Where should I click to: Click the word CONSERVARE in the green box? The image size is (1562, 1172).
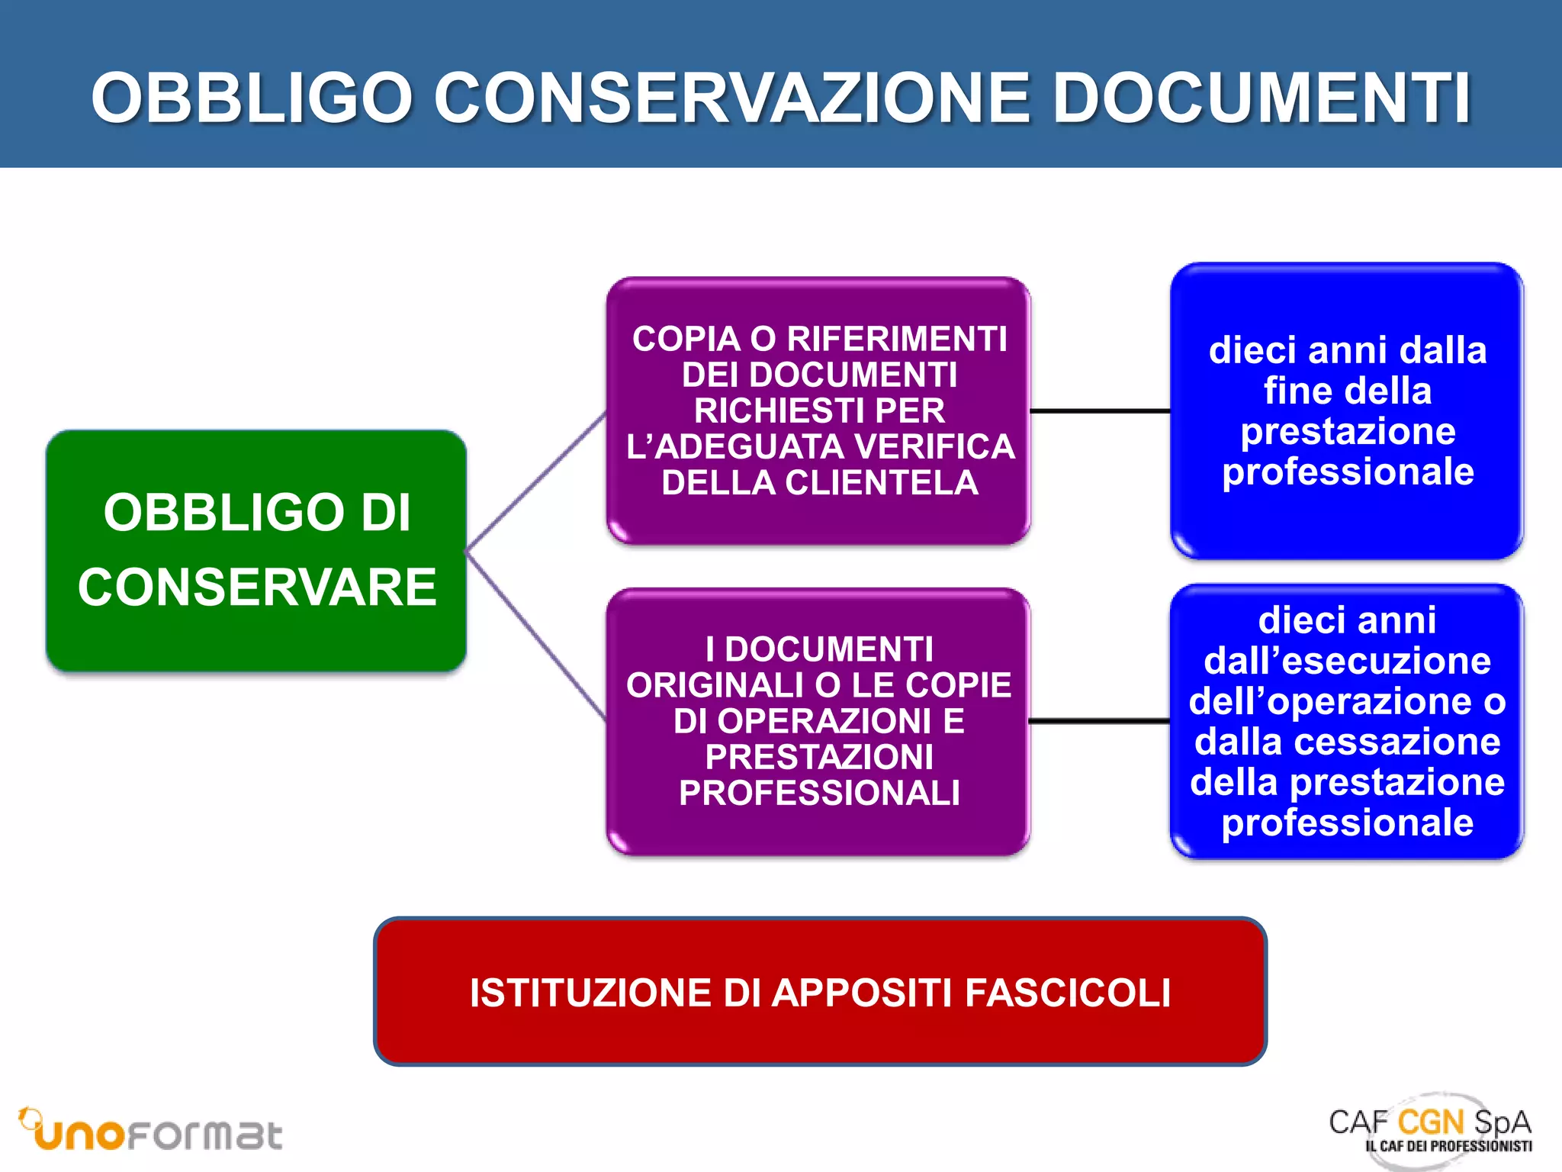257,588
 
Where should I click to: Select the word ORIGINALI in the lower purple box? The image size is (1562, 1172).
713,685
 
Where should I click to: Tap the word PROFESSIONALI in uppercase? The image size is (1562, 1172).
819,794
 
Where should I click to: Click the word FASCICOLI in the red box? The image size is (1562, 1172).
1067,993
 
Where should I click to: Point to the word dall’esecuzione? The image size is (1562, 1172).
1347,661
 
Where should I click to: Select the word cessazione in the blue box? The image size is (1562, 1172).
1423,742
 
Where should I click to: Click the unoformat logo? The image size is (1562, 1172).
153,1132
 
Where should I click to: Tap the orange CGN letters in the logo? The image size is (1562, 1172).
1431,1122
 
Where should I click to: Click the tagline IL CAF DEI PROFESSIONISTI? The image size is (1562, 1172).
1448,1146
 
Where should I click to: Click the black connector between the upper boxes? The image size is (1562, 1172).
1100,411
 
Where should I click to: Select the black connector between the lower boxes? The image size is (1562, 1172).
1100,720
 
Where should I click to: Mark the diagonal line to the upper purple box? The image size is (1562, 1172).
536,481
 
